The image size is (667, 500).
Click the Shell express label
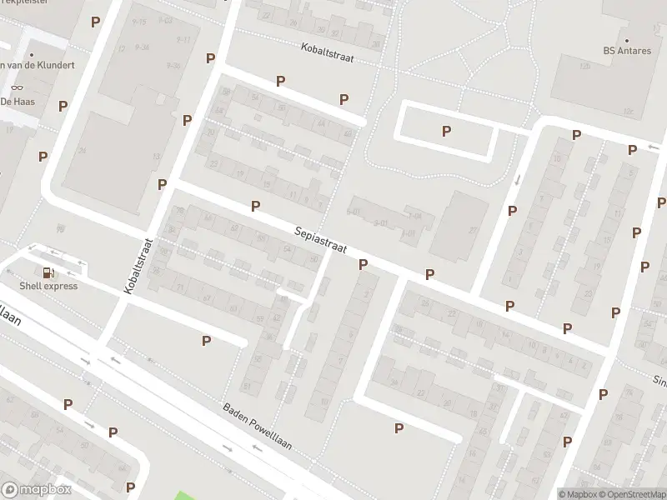tap(48, 286)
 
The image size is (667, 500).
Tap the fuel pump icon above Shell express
tap(48, 272)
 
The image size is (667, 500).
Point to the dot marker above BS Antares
tap(626, 39)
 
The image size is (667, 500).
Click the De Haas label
tap(16, 101)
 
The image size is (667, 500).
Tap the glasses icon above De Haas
tap(16, 87)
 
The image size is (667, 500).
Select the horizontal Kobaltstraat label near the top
tap(330, 51)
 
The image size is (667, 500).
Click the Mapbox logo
tap(36, 490)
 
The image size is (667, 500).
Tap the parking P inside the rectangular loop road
tap(447, 131)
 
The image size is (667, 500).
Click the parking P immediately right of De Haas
tap(63, 106)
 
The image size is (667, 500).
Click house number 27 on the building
tap(474, 231)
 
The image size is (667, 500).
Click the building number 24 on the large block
tap(82, 151)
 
